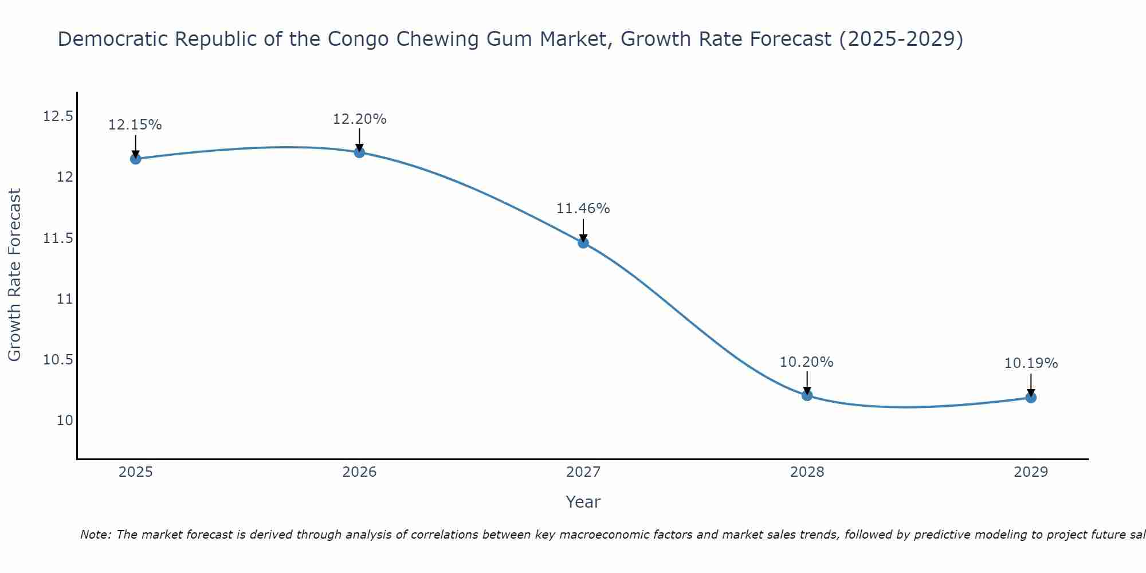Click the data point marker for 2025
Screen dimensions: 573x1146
pos(136,159)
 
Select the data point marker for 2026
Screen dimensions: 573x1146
pos(359,152)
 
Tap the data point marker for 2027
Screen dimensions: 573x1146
pos(583,242)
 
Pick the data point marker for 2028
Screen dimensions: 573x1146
pos(807,395)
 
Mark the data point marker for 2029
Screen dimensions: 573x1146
pos(1031,397)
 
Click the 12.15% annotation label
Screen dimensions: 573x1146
pos(135,125)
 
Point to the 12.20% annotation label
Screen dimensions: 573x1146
pos(359,119)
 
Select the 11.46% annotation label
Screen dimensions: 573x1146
pos(583,209)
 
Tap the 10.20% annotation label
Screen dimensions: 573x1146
pos(807,362)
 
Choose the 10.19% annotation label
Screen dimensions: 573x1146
pos(1031,363)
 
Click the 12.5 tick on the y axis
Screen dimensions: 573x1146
pos(58,116)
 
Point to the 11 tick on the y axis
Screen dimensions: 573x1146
pos(65,299)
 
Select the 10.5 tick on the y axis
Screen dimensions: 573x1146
pos(58,359)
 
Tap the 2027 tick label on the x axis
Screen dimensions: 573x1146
pos(583,472)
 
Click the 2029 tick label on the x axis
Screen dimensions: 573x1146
pos(1031,472)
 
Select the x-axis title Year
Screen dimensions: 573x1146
pos(583,502)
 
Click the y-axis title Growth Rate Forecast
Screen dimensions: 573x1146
pos(14,275)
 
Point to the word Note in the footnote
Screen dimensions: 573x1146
pos(95,535)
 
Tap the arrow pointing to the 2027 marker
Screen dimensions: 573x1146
pos(583,230)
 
